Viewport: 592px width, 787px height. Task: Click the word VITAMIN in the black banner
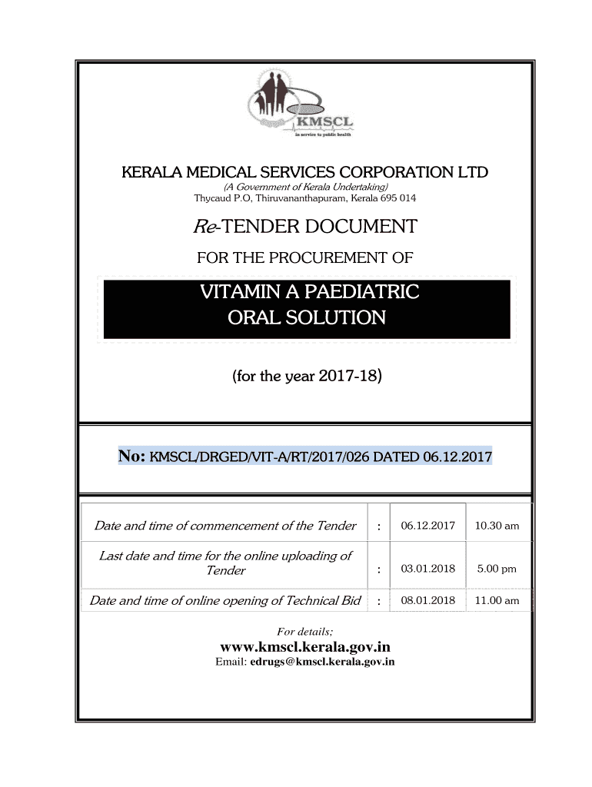pyautogui.click(x=241, y=293)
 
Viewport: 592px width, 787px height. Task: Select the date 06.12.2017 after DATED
pyautogui.click(x=458, y=457)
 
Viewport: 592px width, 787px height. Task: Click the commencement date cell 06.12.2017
pyautogui.click(x=428, y=526)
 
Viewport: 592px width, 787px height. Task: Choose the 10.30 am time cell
pyautogui.click(x=497, y=526)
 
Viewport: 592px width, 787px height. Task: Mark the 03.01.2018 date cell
pyautogui.click(x=428, y=569)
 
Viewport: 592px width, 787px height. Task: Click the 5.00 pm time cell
pyautogui.click(x=497, y=569)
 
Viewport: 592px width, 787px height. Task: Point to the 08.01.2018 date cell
pyautogui.click(x=428, y=600)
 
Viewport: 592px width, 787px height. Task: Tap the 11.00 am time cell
pyautogui.click(x=497, y=600)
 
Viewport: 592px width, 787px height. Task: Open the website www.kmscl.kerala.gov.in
pyautogui.click(x=305, y=646)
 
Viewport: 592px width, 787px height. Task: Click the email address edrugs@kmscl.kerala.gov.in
pyautogui.click(x=322, y=662)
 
